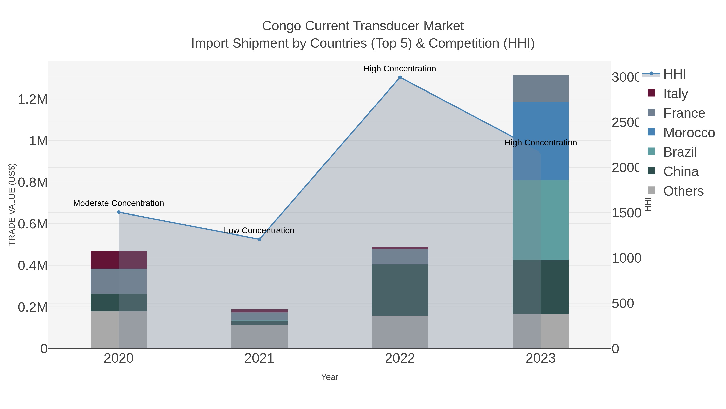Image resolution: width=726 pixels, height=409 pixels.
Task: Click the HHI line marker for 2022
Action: click(400, 77)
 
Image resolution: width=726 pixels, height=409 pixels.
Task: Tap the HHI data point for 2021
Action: click(259, 239)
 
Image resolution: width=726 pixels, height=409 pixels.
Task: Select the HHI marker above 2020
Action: click(119, 212)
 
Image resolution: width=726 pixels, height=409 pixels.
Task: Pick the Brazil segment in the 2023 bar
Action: click(540, 220)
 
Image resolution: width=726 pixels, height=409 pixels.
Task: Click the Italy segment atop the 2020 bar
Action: click(119, 260)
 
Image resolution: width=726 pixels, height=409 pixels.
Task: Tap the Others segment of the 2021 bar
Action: click(259, 336)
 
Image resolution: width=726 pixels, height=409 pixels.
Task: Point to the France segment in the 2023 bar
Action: click(540, 89)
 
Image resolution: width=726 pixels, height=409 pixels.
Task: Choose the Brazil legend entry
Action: click(680, 152)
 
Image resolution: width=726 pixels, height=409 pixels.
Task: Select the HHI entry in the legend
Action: click(674, 74)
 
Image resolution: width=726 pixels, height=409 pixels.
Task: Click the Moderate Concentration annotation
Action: click(119, 203)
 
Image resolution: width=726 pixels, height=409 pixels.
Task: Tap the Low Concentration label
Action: click(259, 231)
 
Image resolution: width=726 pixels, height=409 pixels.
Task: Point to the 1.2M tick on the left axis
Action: click(33, 99)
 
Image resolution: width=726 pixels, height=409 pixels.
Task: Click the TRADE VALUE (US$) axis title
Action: click(12, 204)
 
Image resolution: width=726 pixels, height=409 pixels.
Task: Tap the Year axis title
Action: click(330, 377)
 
